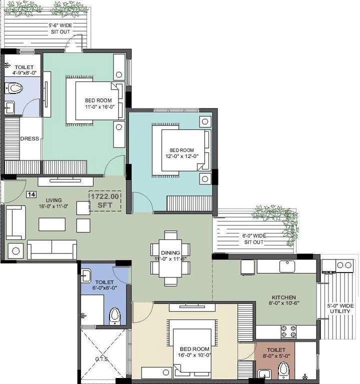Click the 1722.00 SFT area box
(x=105, y=201)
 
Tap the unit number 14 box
(x=31, y=194)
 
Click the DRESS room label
(x=29, y=138)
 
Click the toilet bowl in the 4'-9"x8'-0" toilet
(x=16, y=89)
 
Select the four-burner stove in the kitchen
(x=288, y=331)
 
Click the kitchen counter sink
(x=288, y=266)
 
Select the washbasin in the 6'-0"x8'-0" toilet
(x=87, y=274)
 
